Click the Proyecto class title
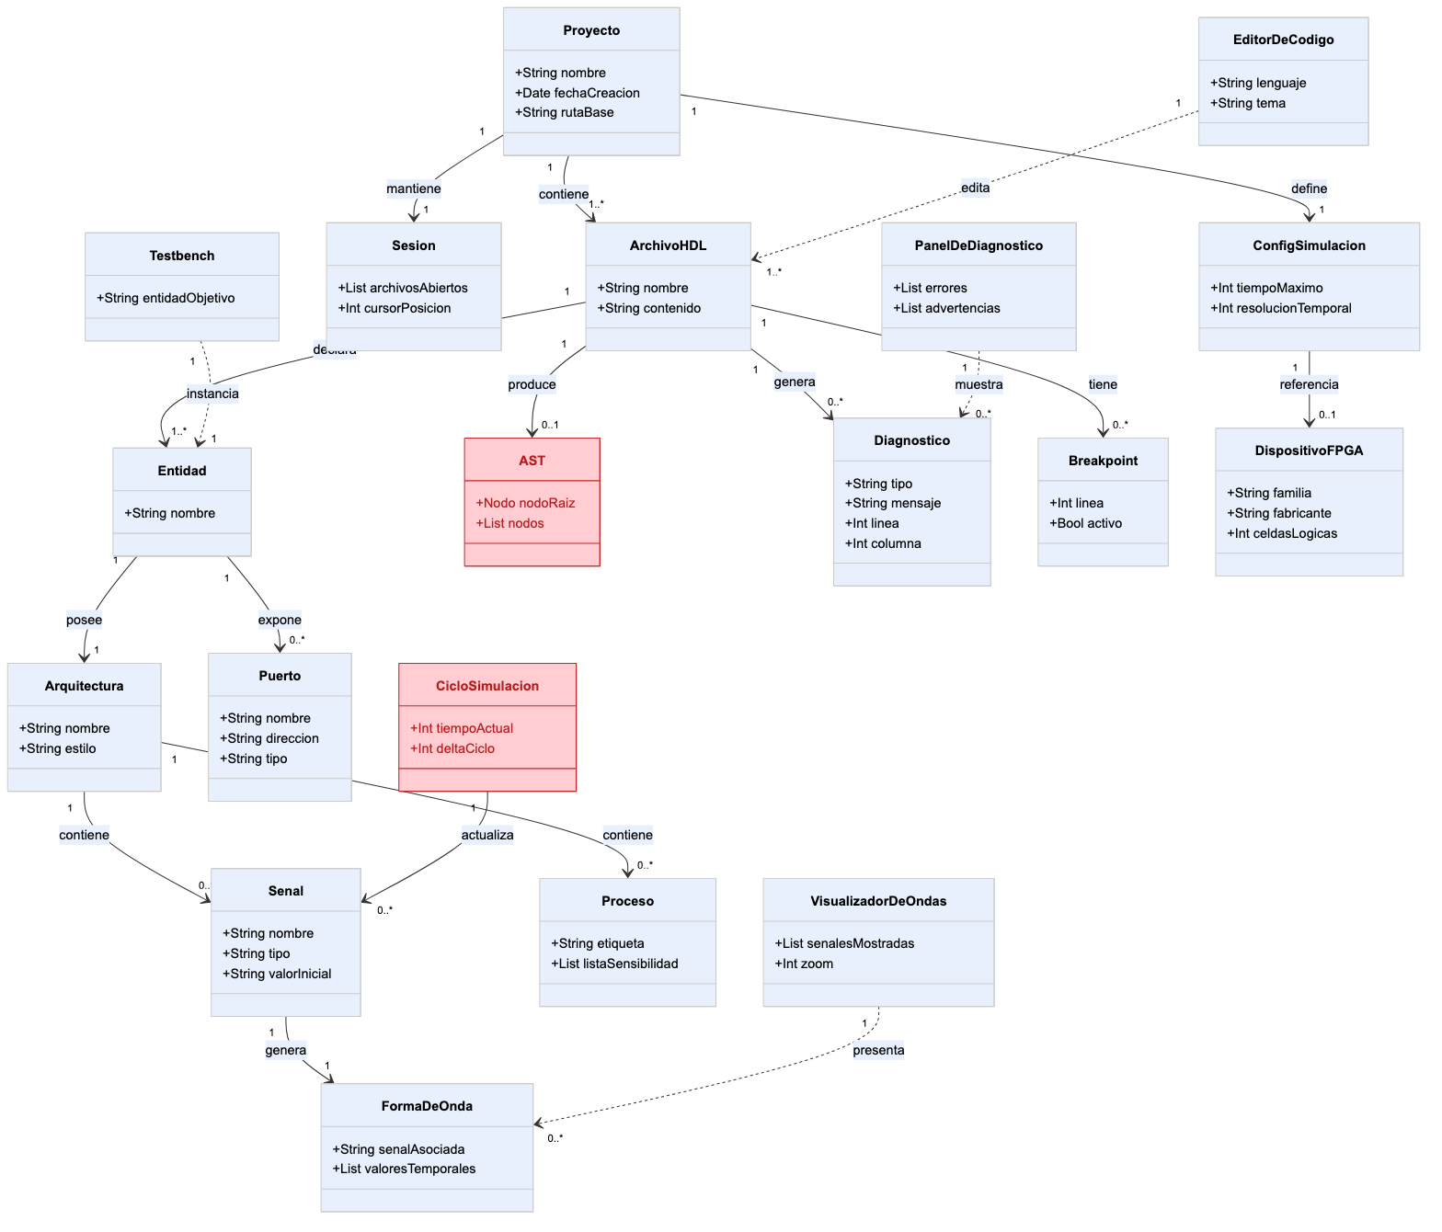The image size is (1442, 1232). pyautogui.click(x=591, y=30)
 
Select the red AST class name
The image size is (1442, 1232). pyautogui.click(x=532, y=461)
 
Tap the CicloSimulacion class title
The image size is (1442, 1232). pyautogui.click(x=486, y=686)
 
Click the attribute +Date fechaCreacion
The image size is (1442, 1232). pyautogui.click(x=577, y=93)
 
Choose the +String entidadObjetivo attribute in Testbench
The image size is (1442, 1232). pyautogui.click(x=166, y=298)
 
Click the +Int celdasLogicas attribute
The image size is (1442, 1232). pyautogui.click(x=1282, y=533)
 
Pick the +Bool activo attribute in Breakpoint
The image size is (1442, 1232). pyautogui.click(x=1085, y=523)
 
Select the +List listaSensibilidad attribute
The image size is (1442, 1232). pyautogui.click(x=614, y=964)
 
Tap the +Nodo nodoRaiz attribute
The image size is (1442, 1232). pyautogui.click(x=525, y=503)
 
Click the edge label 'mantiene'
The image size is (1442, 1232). pyautogui.click(x=414, y=188)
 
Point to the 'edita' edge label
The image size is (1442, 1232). pyautogui.click(x=975, y=188)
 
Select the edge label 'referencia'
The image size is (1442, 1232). pyautogui.click(x=1309, y=384)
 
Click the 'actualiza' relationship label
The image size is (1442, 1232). pyautogui.click(x=486, y=835)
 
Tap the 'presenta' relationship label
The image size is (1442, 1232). pyautogui.click(x=878, y=1050)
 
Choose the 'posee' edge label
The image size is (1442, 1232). pyautogui.click(x=84, y=620)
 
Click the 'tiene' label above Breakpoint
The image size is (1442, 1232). pyautogui.click(x=1103, y=384)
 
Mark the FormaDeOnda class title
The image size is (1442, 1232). pyautogui.click(x=427, y=1106)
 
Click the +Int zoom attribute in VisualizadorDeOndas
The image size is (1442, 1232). pyautogui.click(x=804, y=964)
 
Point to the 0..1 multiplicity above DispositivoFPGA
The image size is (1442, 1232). pyautogui.click(x=1327, y=415)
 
